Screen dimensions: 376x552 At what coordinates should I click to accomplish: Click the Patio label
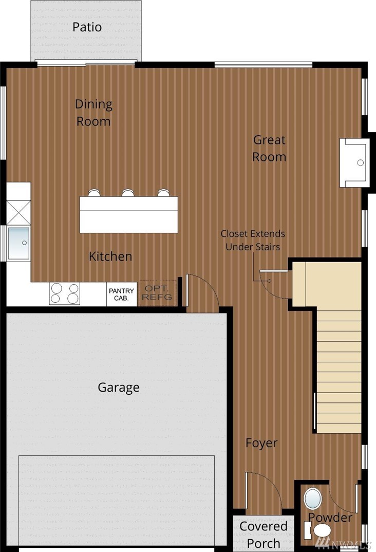pyautogui.click(x=87, y=27)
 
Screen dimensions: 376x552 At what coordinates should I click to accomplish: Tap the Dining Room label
pyautogui.click(x=93, y=113)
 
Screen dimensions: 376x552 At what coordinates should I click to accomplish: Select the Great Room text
pyautogui.click(x=270, y=148)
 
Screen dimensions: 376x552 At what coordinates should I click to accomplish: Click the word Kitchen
pyautogui.click(x=110, y=256)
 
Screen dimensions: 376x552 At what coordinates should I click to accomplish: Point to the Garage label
pyautogui.click(x=119, y=387)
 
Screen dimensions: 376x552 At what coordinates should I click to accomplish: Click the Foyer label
pyautogui.click(x=261, y=443)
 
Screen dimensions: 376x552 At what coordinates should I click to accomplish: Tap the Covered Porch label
pyautogui.click(x=264, y=535)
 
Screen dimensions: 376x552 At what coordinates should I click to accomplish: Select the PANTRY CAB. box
pyautogui.click(x=122, y=295)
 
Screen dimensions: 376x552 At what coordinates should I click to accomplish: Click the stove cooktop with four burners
pyautogui.click(x=64, y=293)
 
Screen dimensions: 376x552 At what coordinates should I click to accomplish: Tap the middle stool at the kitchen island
pyautogui.click(x=128, y=193)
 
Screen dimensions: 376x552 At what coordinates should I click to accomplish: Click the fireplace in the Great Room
pyautogui.click(x=354, y=162)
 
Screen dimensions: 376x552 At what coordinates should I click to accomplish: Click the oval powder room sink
pyautogui.click(x=313, y=498)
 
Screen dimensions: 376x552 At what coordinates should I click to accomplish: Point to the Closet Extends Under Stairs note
pyautogui.click(x=253, y=240)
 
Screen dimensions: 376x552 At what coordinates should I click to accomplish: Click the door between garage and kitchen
pyautogui.click(x=202, y=292)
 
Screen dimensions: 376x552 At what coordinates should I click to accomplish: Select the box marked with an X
pyautogui.click(x=18, y=212)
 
